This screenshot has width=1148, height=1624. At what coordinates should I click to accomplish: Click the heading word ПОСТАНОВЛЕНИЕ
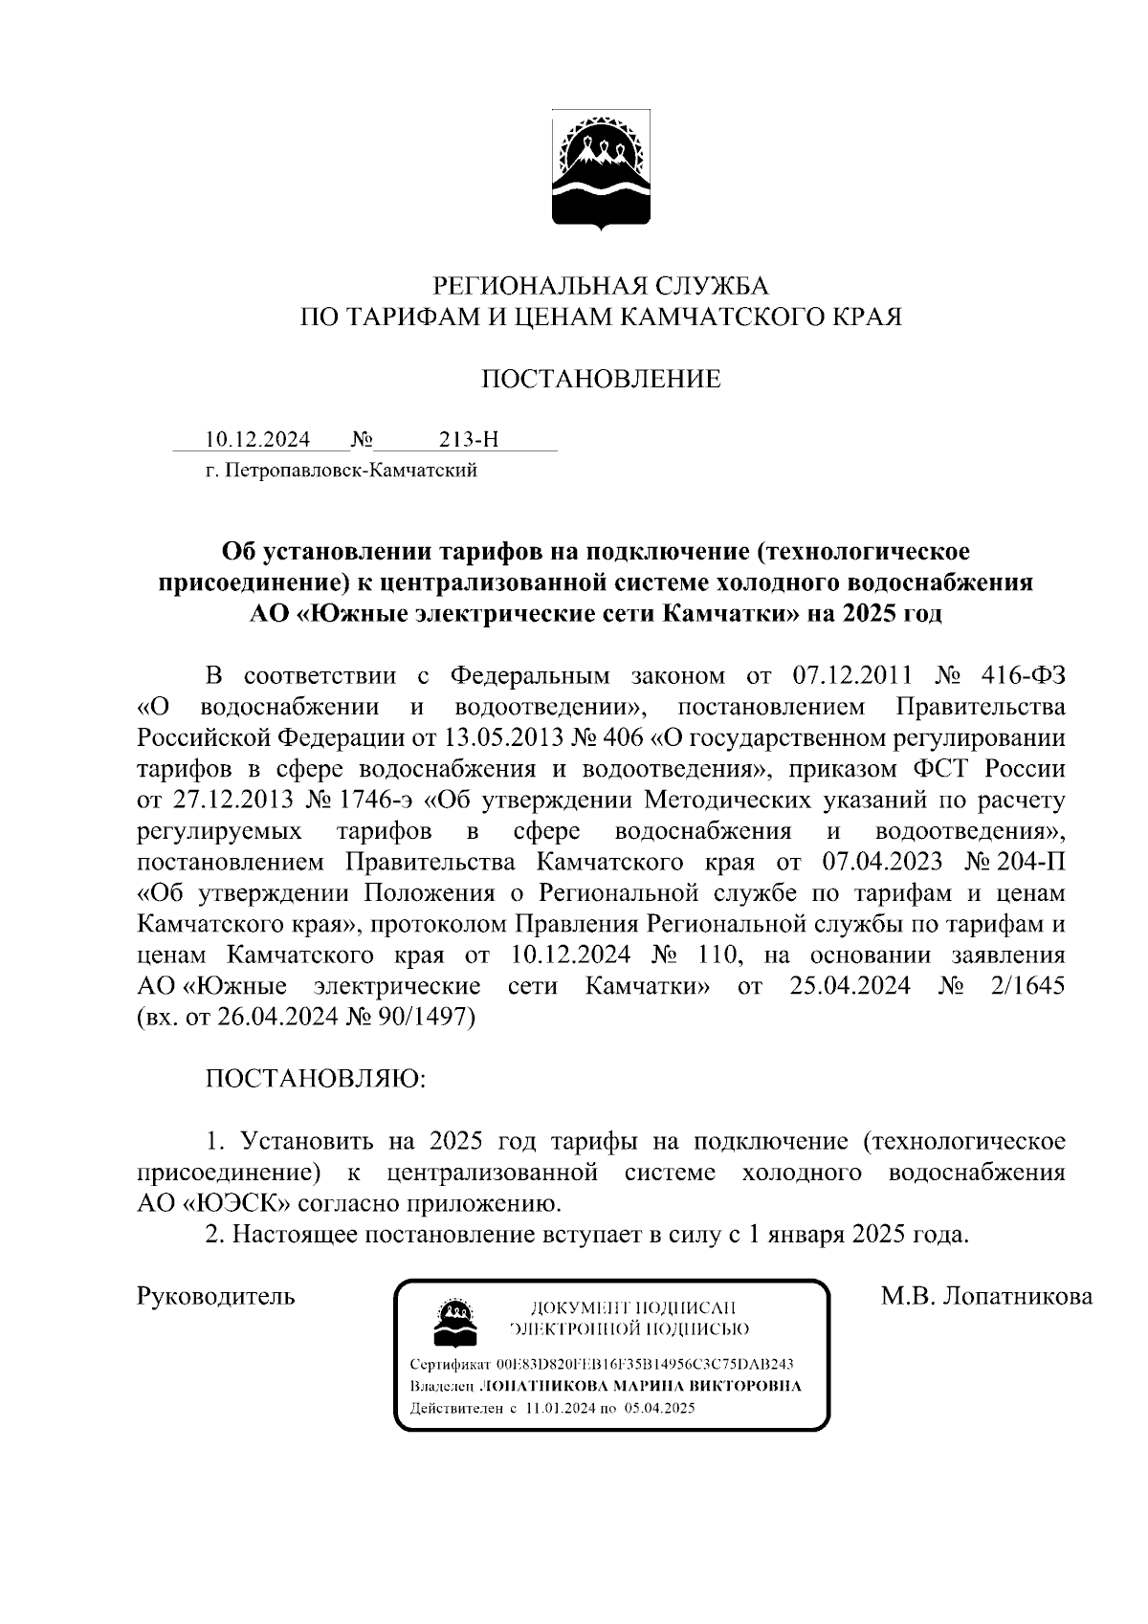click(600, 380)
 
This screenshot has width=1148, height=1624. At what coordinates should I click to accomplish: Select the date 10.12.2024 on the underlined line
click(257, 440)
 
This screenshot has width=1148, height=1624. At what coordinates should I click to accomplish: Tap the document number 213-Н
click(469, 440)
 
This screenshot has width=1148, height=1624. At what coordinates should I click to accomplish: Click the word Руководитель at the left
click(216, 1297)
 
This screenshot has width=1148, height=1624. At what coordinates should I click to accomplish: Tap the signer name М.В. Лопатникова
click(987, 1297)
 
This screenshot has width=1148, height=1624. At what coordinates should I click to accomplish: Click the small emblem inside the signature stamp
click(453, 1321)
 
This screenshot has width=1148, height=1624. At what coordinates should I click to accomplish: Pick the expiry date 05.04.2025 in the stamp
click(660, 1408)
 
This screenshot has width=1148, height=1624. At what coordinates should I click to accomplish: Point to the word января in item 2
click(808, 1234)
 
